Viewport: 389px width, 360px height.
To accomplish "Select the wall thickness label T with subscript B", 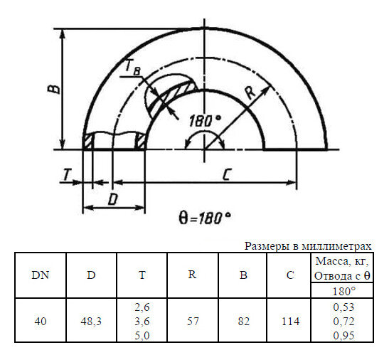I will pyautogui.click(x=133, y=68).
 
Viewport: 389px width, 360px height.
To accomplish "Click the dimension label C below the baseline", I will pyautogui.click(x=225, y=175).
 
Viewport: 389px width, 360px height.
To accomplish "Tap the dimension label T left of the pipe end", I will pyautogui.click(x=66, y=174).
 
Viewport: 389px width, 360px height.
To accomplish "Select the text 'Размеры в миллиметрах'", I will pyautogui.click(x=307, y=245).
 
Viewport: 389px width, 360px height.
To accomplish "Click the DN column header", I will pyautogui.click(x=40, y=276).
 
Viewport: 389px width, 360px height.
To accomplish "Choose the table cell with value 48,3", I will pyautogui.click(x=92, y=321).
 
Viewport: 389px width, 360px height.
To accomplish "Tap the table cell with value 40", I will pyautogui.click(x=40, y=321).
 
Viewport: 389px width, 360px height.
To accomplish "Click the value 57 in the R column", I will pyautogui.click(x=192, y=321).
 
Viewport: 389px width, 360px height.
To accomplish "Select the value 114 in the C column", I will pyautogui.click(x=289, y=321).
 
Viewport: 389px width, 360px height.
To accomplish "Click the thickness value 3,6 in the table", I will pyautogui.click(x=142, y=321).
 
